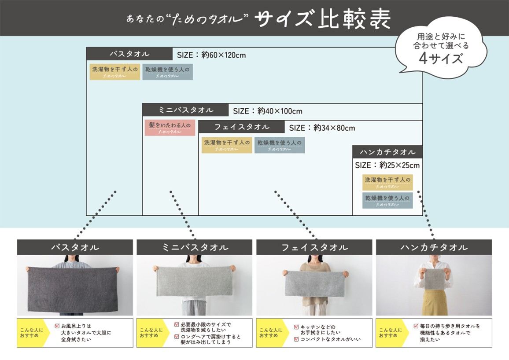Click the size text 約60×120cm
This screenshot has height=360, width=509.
tap(223, 55)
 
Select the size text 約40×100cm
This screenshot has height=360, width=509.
tap(280, 111)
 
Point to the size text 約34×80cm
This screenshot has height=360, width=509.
tap(334, 128)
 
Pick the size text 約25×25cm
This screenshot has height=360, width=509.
tap(399, 165)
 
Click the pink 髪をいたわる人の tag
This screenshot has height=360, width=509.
tap(170, 128)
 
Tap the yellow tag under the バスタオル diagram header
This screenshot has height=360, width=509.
tap(115, 72)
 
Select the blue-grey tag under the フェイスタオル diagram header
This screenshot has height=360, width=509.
tap(280, 145)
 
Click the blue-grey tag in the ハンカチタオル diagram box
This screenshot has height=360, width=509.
tap(387, 200)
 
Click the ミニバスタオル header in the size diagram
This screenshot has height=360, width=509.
tap(186, 110)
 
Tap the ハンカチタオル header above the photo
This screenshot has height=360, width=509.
tap(434, 247)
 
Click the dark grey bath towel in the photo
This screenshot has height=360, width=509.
tap(73, 289)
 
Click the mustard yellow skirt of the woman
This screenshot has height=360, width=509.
tap(434, 302)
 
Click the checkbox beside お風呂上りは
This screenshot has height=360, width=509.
tap(57, 326)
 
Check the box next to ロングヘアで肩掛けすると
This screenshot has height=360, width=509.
tap(177, 337)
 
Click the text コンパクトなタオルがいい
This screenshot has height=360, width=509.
tap(330, 339)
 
